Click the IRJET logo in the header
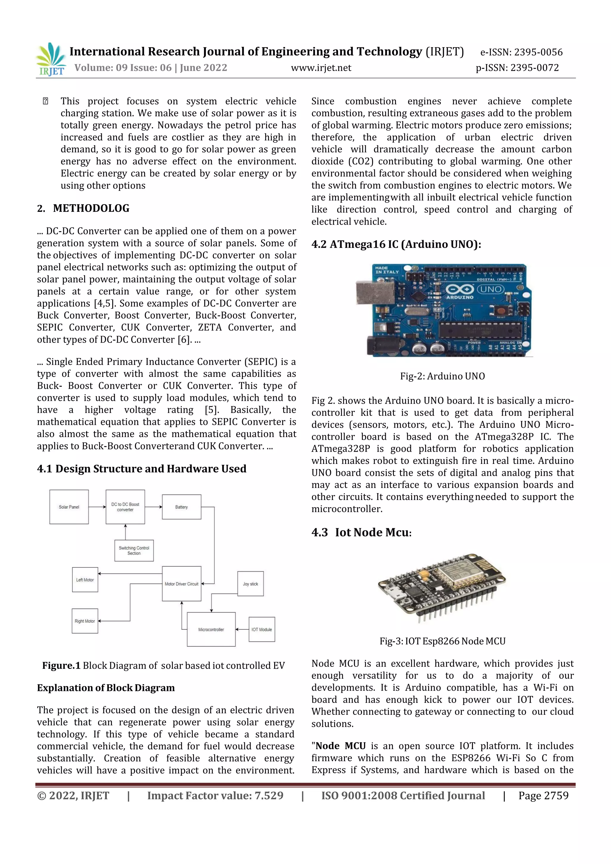[x=51, y=59]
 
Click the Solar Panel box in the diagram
[x=69, y=507]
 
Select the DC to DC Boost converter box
[x=125, y=507]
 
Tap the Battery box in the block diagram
[x=181, y=507]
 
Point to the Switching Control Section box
[x=134, y=550]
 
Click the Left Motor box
[x=85, y=579]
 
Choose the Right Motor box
[x=85, y=621]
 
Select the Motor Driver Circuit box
[x=181, y=584]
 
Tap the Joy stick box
[x=251, y=584]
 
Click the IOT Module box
[x=262, y=629]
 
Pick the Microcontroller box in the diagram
[x=211, y=629]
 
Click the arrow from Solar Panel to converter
[x=97, y=507]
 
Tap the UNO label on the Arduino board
[x=491, y=289]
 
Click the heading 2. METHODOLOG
[x=84, y=208]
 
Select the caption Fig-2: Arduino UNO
[x=442, y=376]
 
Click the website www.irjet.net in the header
[x=321, y=68]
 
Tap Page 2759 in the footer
[x=543, y=795]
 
